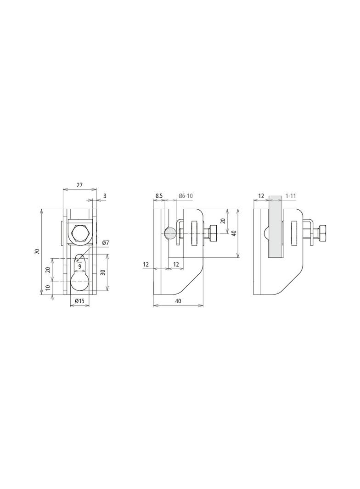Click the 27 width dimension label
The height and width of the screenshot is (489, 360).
click(x=79, y=185)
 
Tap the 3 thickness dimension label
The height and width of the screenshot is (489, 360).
click(x=105, y=196)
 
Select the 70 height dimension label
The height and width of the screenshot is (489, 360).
click(x=37, y=251)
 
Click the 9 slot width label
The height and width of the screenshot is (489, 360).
click(x=79, y=267)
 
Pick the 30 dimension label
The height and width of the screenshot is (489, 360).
click(x=103, y=272)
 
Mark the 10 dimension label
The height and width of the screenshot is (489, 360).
click(x=47, y=288)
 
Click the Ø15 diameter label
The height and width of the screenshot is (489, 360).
click(x=79, y=301)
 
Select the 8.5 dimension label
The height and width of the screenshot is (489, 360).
click(x=158, y=196)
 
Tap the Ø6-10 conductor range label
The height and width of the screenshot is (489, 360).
click(x=186, y=196)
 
